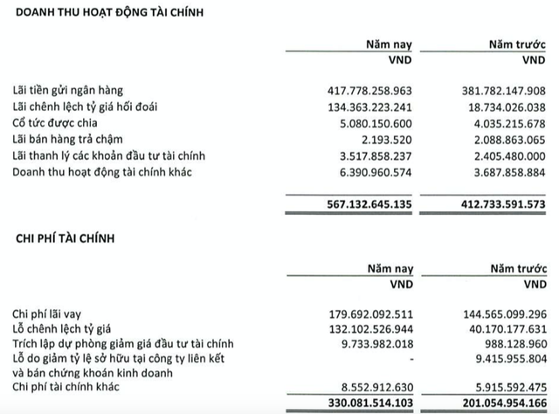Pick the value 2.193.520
point(387,139)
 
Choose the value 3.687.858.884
point(500,171)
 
